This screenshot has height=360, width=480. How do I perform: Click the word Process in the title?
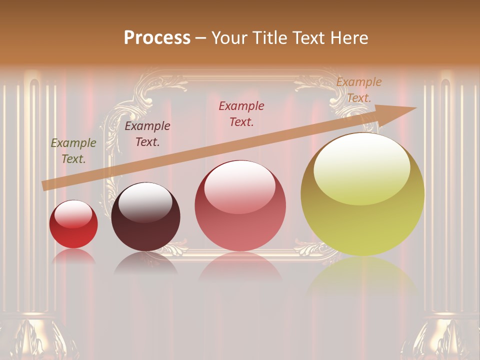157,38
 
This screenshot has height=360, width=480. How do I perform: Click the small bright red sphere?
73,224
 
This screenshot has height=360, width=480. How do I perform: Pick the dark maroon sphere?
145,217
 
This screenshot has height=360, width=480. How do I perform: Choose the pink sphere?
240,206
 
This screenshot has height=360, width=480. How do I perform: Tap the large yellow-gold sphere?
362,194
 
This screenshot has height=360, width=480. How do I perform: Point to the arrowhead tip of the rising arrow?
415,108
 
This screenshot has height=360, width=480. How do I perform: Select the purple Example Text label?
147,134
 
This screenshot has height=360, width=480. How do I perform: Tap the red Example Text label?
241,114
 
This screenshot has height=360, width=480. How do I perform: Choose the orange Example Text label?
359,90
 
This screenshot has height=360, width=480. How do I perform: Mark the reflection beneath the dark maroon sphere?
145,263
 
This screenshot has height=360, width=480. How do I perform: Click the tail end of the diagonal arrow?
44,186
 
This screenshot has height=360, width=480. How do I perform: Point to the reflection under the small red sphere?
73,256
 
